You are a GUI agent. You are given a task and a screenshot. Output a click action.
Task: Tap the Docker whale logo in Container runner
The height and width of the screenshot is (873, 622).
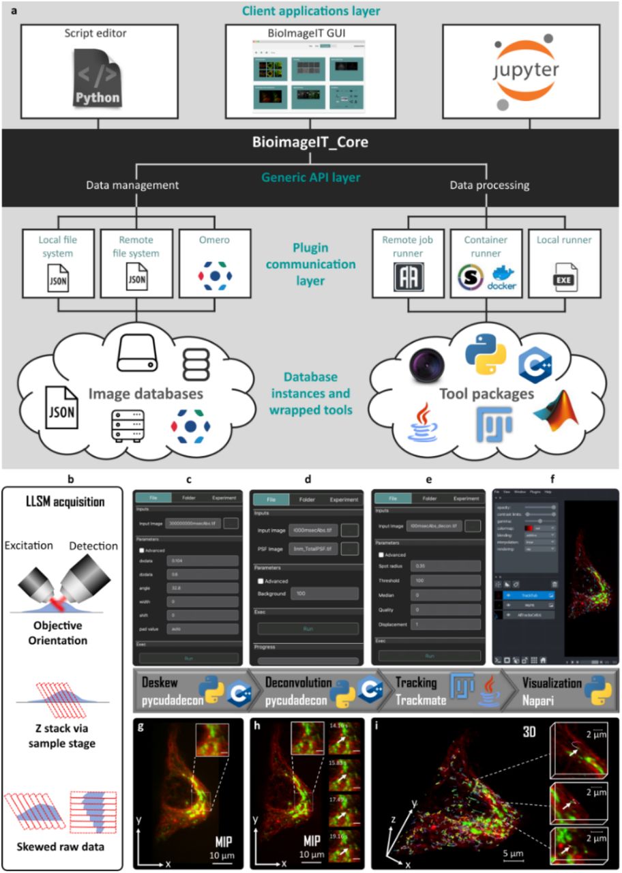[x=502, y=279]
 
